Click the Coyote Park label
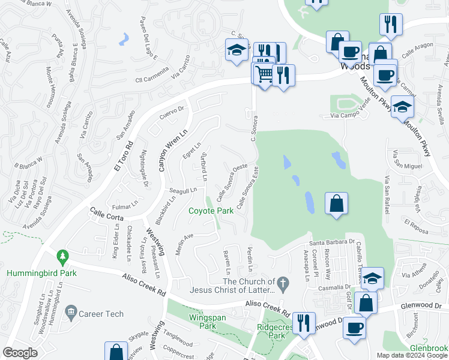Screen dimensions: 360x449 coord(211,211)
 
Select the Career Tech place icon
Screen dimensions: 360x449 coord(71,313)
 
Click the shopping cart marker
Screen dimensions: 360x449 coord(263,74)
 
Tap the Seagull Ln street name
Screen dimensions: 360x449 coord(182,191)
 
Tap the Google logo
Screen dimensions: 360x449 coord(20,352)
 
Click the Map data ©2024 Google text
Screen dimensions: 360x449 coord(412,355)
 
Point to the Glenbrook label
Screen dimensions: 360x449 coord(429,349)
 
